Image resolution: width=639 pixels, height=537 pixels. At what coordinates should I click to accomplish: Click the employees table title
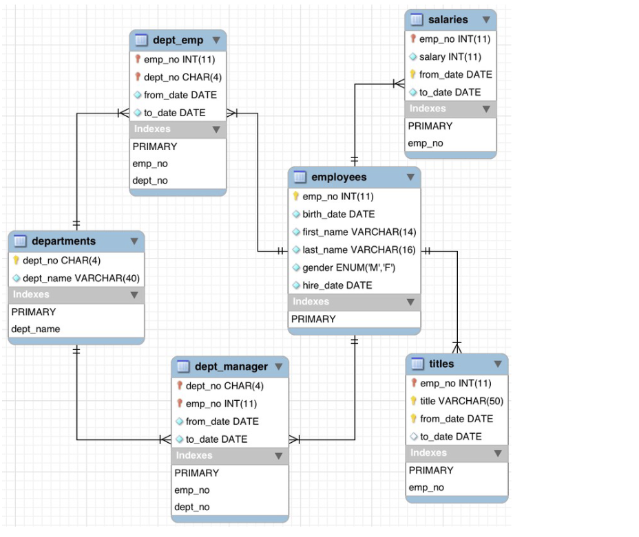[339, 177]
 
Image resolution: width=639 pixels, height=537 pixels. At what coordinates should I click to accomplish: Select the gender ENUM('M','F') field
[349, 267]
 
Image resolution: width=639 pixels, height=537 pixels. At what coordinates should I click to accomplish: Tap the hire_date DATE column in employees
[337, 285]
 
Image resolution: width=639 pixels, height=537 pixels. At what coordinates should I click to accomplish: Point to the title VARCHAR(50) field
[461, 402]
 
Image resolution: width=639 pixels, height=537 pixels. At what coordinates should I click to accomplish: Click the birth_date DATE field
[338, 215]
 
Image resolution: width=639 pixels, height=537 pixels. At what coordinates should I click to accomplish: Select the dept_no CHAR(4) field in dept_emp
[182, 78]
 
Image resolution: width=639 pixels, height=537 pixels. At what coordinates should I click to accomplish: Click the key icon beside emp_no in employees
[296, 197]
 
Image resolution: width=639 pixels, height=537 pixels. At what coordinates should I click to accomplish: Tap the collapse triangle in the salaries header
[486, 20]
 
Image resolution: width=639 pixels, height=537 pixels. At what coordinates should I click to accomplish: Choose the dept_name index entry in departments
[36, 329]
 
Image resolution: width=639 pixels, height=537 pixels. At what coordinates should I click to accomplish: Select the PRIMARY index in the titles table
[431, 470]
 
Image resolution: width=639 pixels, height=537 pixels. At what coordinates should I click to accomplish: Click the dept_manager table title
[231, 366]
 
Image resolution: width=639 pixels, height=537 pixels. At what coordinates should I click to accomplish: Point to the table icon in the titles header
[417, 364]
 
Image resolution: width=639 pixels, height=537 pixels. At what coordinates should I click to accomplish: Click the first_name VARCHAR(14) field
[359, 232]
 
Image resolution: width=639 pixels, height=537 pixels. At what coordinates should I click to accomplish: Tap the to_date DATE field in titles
[450, 437]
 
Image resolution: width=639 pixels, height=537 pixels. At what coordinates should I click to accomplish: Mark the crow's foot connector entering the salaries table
[399, 84]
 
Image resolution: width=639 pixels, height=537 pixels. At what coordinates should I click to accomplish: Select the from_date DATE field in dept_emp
[180, 95]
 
